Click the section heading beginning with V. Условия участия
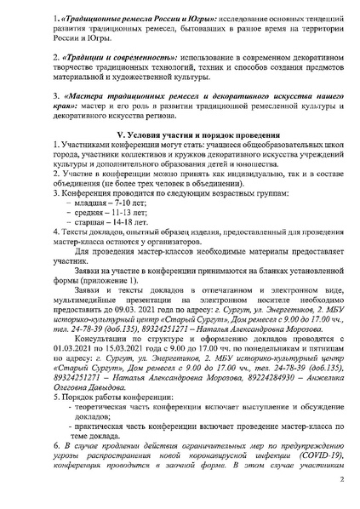pos(180,137)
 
